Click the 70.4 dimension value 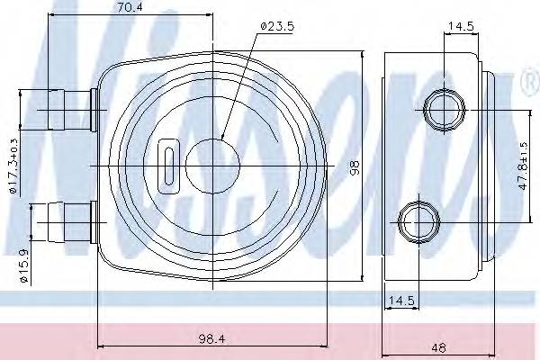130,7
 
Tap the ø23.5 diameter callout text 277,26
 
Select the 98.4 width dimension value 211,339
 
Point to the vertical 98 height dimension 355,167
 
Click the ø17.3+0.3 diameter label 13,166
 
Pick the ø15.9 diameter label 23,265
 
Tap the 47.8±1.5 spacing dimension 523,166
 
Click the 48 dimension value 438,347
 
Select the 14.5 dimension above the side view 461,26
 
